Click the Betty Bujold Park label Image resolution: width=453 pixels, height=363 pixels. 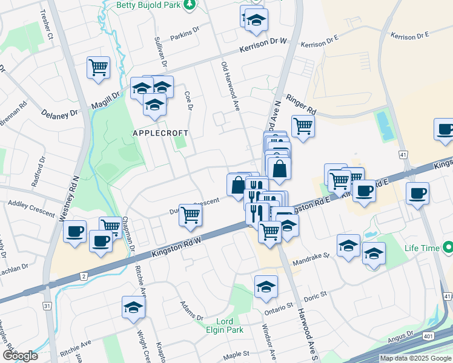pos(148,5)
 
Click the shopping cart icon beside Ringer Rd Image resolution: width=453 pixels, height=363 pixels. pos(303,126)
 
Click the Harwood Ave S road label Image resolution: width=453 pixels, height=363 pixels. pos(305,327)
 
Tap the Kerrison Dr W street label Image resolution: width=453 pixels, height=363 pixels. pos(262,46)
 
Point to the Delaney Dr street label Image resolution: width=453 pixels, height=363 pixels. pos(59,113)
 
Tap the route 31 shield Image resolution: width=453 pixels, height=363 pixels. pos(47,306)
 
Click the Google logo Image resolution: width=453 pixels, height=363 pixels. pos(20,355)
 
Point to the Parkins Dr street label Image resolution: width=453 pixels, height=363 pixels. pos(185,34)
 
